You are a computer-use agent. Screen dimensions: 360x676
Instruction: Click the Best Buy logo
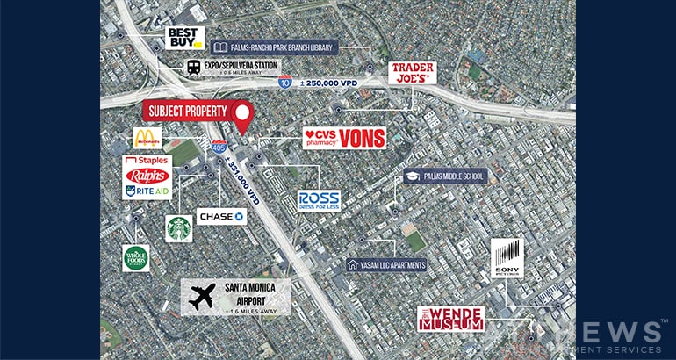pyautogui.click(x=185, y=38)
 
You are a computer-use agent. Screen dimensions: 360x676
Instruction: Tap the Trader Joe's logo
pyautogui.click(x=413, y=72)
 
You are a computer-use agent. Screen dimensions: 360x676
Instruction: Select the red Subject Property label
pyautogui.click(x=188, y=112)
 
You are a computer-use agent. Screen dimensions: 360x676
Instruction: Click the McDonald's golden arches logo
pyautogui.click(x=147, y=138)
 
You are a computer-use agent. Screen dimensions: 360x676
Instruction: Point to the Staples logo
pyautogui.click(x=147, y=162)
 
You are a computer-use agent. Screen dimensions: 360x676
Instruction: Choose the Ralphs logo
pyautogui.click(x=147, y=176)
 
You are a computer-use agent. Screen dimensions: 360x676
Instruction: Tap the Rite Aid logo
pyautogui.click(x=147, y=191)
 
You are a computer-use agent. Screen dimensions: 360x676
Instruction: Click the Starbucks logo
pyautogui.click(x=179, y=227)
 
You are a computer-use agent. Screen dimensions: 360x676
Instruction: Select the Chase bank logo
pyautogui.click(x=221, y=215)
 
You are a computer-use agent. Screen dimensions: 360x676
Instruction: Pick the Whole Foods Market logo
pyautogui.click(x=135, y=257)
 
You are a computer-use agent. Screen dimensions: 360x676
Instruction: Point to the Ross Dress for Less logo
pyautogui.click(x=318, y=200)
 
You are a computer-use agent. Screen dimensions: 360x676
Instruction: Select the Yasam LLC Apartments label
pyautogui.click(x=387, y=264)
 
